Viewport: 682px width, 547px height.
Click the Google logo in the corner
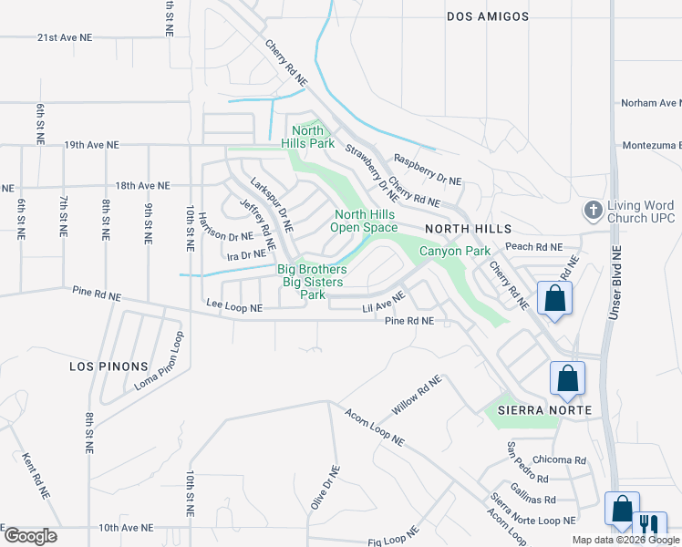30,536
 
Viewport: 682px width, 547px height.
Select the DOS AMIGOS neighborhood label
488,16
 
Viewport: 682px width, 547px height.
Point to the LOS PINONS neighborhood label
108,366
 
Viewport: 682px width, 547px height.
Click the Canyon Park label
454,251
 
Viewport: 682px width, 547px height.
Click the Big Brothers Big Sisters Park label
314,282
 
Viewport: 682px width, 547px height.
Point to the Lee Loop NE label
234,309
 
